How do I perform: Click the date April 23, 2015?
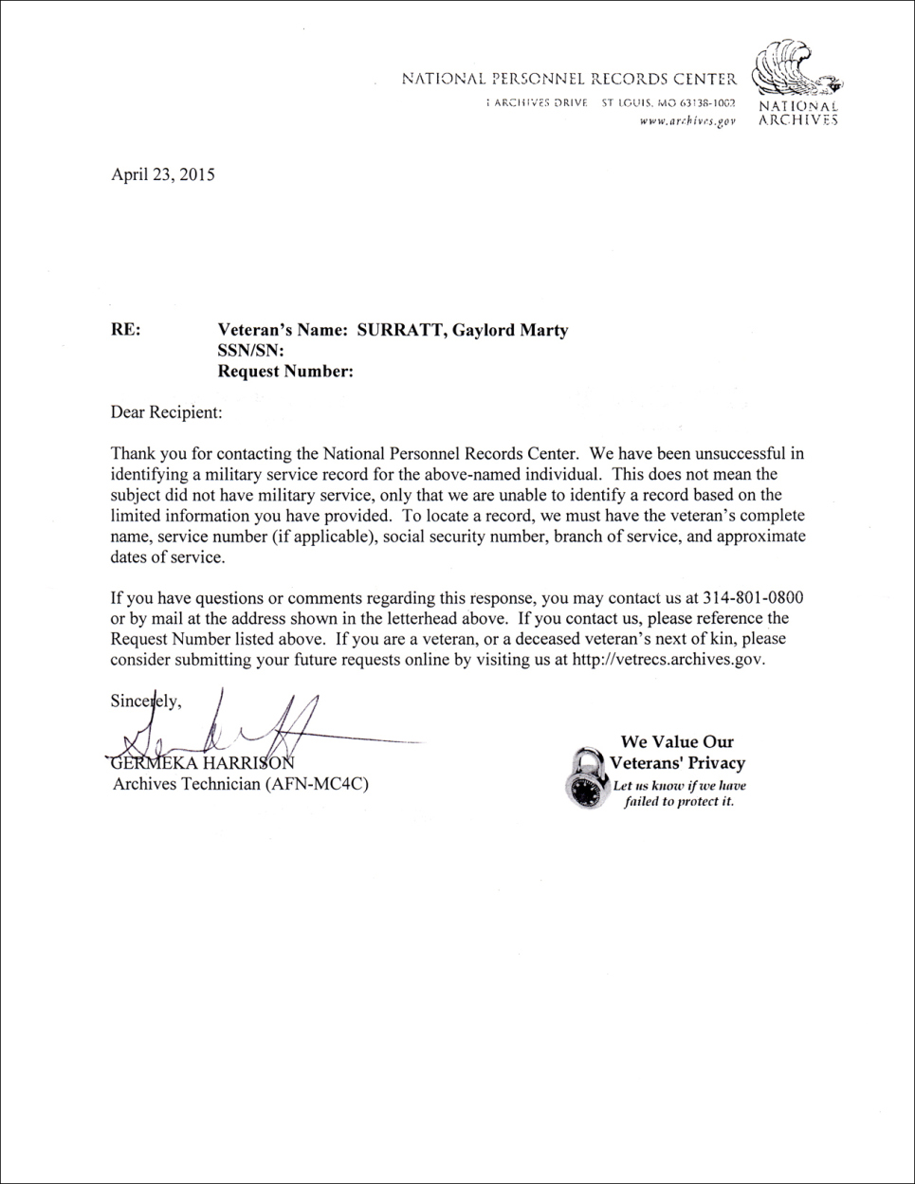pos(163,174)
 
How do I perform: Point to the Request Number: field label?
pos(285,372)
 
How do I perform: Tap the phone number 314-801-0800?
pos(753,598)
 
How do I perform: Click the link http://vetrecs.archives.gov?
pos(668,660)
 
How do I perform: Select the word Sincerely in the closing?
pos(144,702)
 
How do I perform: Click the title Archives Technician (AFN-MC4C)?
pos(240,785)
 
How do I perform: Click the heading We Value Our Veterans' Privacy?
pos(678,753)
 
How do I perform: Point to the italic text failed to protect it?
pos(679,802)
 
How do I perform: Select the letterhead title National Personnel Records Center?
pos(569,80)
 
